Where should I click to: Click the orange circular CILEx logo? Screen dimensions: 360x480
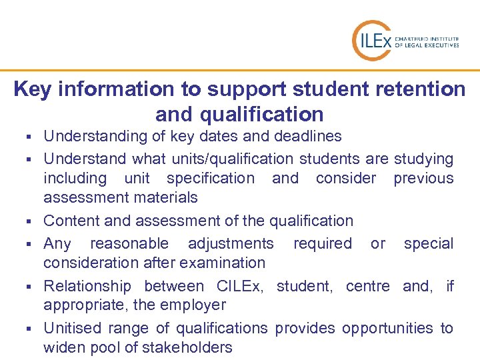(371, 40)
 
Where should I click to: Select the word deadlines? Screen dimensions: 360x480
(310, 136)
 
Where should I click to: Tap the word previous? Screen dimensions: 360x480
(423, 178)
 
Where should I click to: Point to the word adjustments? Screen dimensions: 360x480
(231, 243)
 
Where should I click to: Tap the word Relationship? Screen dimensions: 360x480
(87, 286)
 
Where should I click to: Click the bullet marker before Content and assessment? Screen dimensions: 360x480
(31, 221)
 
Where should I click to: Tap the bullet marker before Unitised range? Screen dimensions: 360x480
(31, 329)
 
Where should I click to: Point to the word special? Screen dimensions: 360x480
(429, 243)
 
